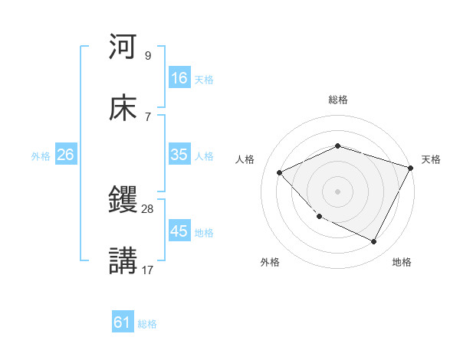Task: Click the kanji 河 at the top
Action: (123, 47)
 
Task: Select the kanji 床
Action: (123, 108)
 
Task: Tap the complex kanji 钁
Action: (123, 201)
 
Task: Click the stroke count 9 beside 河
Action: (147, 55)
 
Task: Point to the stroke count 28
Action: (148, 208)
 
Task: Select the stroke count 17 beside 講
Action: (148, 270)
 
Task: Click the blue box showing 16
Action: (179, 78)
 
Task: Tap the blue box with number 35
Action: (179, 155)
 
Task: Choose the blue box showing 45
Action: (179, 231)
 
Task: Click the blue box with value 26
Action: (65, 155)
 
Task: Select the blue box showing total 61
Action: (123, 323)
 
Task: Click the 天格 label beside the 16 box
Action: (204, 80)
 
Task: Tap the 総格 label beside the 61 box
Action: (147, 324)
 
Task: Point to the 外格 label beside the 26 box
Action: (41, 156)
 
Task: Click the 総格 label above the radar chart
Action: (337, 100)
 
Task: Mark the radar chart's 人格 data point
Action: (280, 172)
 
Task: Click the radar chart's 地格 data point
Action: (374, 242)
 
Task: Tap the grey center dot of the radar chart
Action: (337, 191)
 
